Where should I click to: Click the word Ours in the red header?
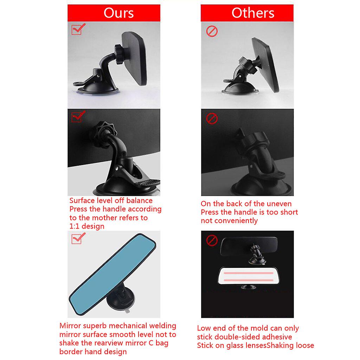(119, 13)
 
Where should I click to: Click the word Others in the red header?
(253, 13)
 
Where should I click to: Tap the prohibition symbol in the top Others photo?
(212, 32)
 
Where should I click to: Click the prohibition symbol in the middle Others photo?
(212, 118)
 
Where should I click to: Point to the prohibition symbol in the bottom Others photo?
(212, 241)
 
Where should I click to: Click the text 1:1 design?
(87, 226)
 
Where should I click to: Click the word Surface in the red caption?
(82, 201)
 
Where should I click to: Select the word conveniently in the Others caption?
(239, 221)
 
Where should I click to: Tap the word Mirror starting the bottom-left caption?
(70, 326)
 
